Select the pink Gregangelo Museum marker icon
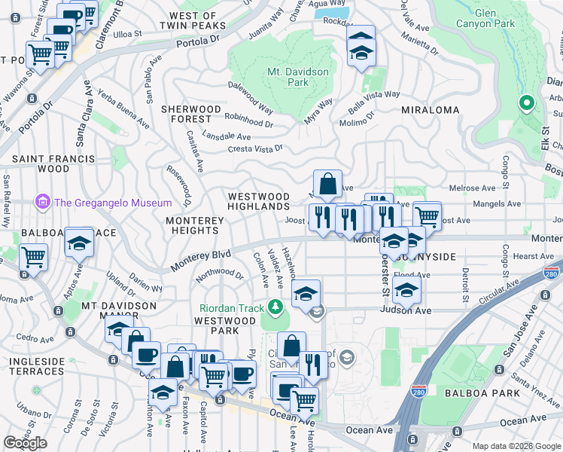[41, 202]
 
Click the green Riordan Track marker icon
[276, 307]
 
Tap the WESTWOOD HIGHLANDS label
[259, 201]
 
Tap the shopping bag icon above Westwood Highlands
[328, 183]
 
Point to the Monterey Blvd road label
[200, 261]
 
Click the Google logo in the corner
[25, 443]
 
